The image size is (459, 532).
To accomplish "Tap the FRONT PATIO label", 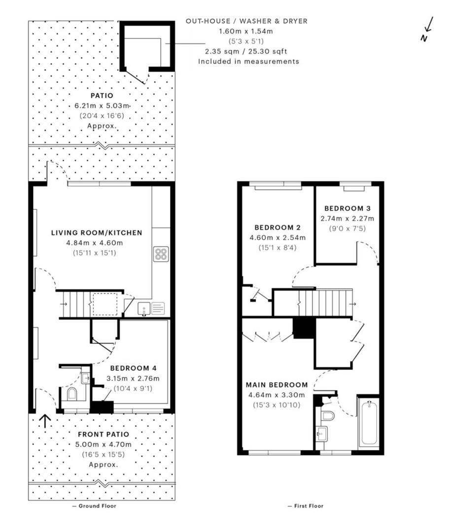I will coord(104,434).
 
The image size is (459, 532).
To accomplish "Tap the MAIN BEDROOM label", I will coord(277,385).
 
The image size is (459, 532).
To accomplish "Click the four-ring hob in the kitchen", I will coord(161,254).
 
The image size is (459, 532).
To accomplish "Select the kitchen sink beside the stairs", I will coord(144,309).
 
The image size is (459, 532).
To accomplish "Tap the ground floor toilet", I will coord(72,394).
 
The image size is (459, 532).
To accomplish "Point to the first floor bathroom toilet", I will coord(327,416).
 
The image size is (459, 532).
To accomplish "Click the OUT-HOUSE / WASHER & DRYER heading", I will coord(247,21).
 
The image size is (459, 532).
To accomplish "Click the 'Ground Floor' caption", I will coord(95,506).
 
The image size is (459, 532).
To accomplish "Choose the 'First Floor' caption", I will coord(306,506).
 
